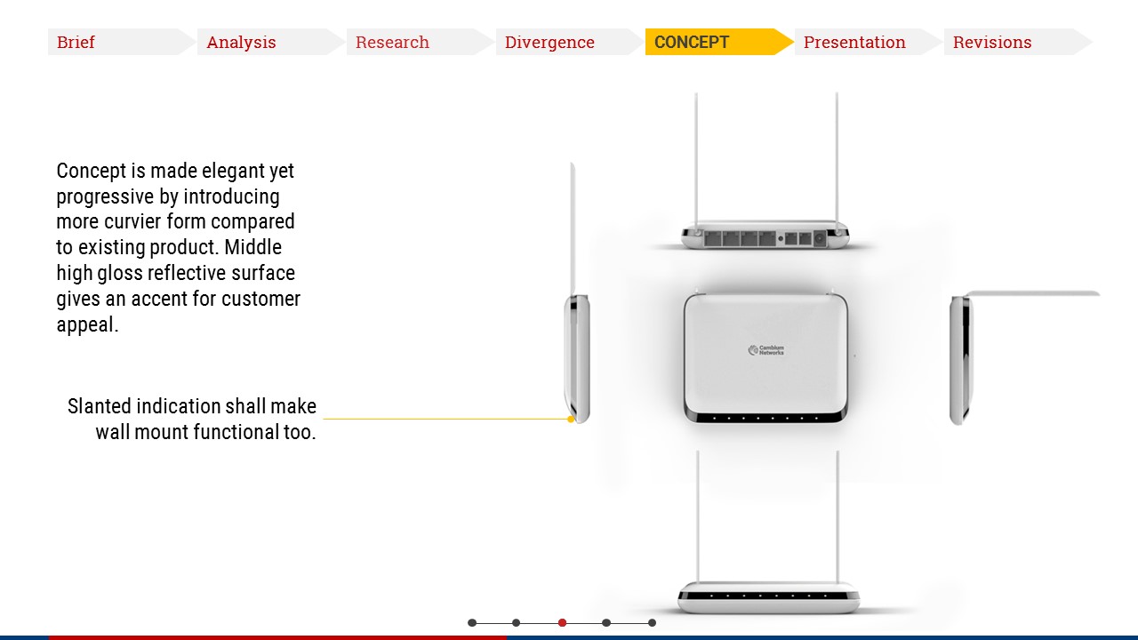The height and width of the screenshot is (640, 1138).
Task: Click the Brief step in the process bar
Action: pyautogui.click(x=76, y=42)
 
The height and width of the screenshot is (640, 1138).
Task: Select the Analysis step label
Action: pyautogui.click(x=241, y=42)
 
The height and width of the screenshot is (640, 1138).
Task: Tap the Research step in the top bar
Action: pyautogui.click(x=392, y=42)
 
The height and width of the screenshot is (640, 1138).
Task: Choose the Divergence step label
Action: pyautogui.click(x=549, y=42)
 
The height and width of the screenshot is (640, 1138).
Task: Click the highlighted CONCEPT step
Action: pyautogui.click(x=692, y=42)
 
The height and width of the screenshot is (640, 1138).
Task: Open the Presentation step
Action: pyautogui.click(x=854, y=42)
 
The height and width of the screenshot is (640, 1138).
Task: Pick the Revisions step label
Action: pyautogui.click(x=992, y=42)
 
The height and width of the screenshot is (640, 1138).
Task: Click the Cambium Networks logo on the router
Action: pyautogui.click(x=766, y=350)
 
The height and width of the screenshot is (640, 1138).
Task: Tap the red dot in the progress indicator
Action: pyautogui.click(x=562, y=623)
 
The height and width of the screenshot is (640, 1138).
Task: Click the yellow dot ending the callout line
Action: pyautogui.click(x=571, y=419)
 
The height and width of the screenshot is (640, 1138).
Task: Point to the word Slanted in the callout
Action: pyautogui.click(x=99, y=406)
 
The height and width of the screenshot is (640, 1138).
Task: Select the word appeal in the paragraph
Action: pyautogui.click(x=87, y=325)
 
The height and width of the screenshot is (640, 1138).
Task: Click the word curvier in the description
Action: pyautogui.click(x=133, y=222)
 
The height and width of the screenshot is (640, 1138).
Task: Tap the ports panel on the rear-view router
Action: pyautogui.click(x=765, y=238)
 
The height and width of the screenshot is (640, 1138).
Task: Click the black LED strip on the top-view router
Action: pyautogui.click(x=766, y=418)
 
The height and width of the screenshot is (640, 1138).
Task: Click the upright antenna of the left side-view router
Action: pyautogui.click(x=573, y=228)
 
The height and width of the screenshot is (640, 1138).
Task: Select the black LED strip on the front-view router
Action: pyautogui.click(x=768, y=596)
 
